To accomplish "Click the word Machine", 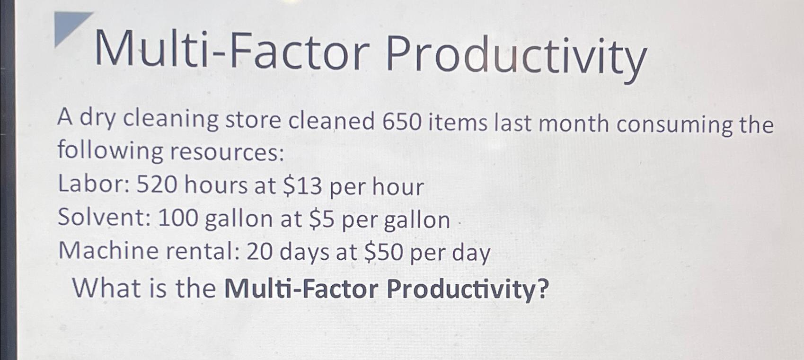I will [108, 251].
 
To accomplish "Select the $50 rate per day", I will [384, 253].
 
